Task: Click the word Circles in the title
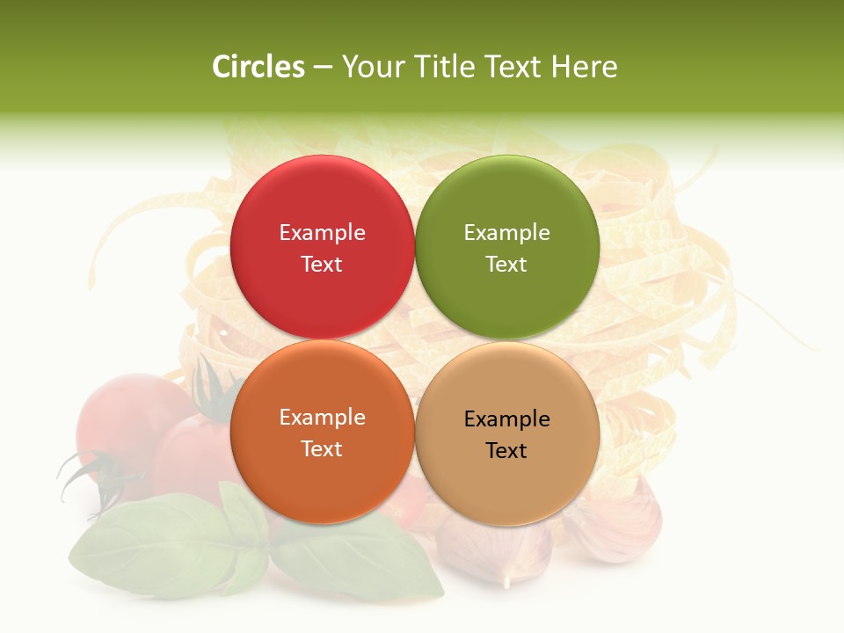coord(258,67)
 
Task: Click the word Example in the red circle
coord(322,233)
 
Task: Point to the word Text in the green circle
coord(506,265)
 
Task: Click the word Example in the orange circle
coord(322,418)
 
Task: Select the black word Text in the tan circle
coord(506,451)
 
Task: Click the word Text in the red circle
coord(322,265)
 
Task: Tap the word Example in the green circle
coord(506,233)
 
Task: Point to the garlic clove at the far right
coord(615,523)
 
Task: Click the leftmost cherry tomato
coord(123,422)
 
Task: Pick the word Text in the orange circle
coord(322,449)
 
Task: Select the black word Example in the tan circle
coord(506,419)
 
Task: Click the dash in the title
coord(323,68)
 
